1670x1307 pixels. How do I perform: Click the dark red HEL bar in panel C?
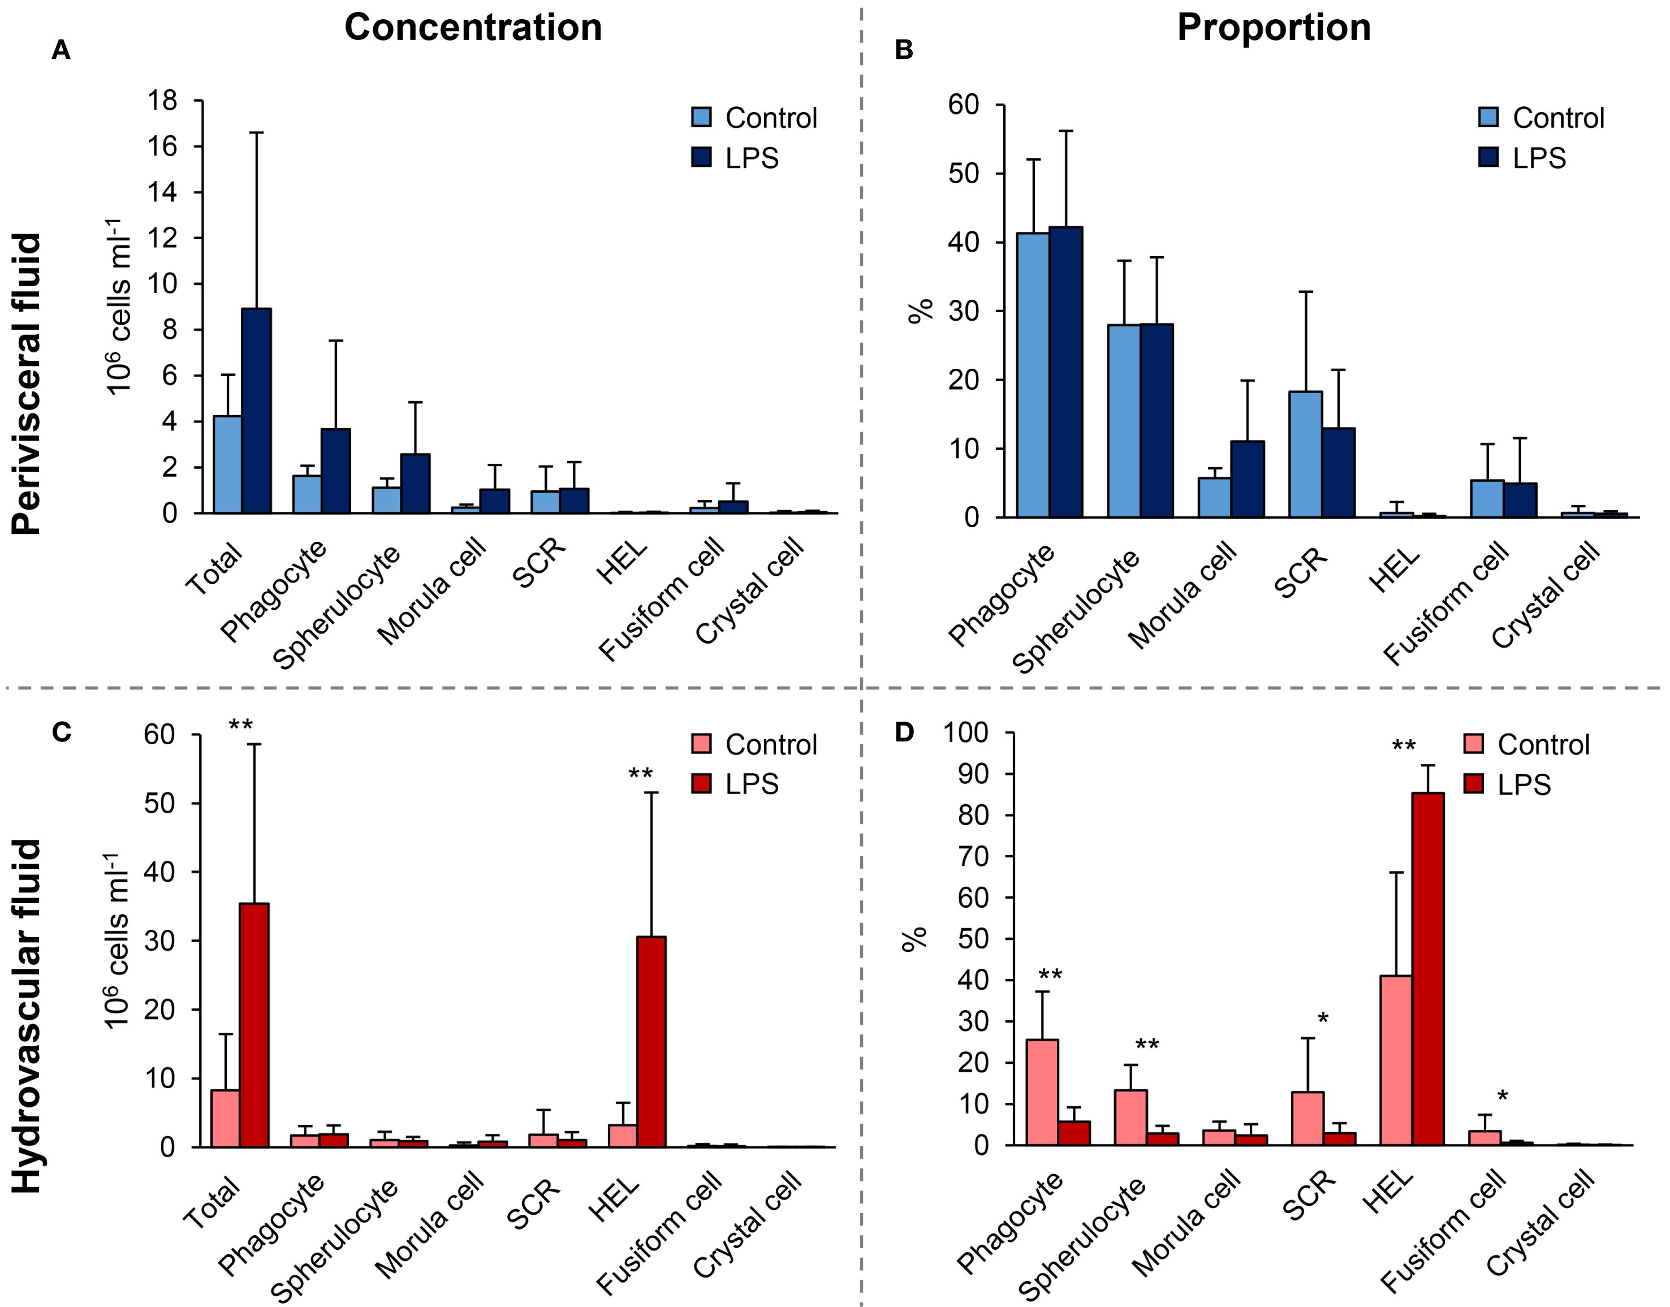pos(651,1041)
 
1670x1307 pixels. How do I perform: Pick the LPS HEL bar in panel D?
pos(1427,969)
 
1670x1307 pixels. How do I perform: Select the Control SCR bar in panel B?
pos(1306,455)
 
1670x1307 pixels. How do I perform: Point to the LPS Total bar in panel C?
pos(254,1025)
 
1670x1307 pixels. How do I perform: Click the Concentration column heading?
pos(473,28)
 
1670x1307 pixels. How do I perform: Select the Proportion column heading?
pos(1273,28)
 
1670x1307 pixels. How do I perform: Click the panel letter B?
pos(904,51)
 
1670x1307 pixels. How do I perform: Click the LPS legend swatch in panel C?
pos(701,784)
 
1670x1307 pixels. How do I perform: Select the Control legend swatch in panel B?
pos(1488,117)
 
